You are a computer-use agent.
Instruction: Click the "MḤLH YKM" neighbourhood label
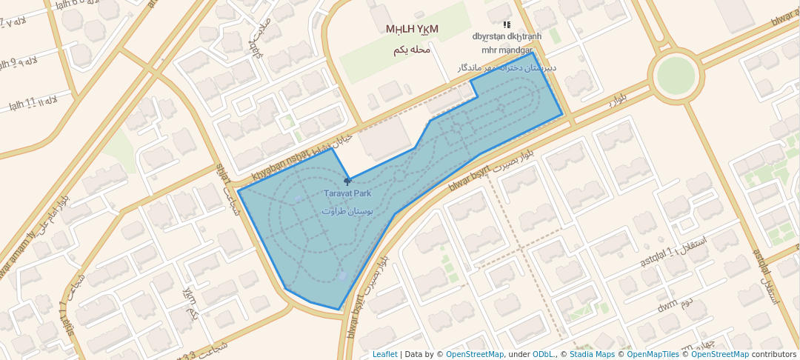click(412, 30)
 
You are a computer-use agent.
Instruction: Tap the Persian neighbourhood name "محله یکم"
click(412, 50)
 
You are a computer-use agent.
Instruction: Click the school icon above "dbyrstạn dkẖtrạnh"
click(507, 24)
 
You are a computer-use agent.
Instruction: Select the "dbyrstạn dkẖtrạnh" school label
click(507, 36)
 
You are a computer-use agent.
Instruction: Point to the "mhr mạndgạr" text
click(507, 50)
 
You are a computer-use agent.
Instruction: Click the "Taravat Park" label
click(347, 193)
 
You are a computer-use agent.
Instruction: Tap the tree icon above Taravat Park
click(347, 181)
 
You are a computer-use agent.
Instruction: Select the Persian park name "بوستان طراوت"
click(347, 211)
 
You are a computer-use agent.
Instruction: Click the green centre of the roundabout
click(676, 75)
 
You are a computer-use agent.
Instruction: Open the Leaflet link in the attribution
click(384, 354)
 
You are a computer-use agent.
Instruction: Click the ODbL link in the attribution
click(544, 354)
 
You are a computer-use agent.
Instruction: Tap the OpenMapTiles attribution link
click(653, 354)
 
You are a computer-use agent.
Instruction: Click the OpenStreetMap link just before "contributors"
click(721, 354)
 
